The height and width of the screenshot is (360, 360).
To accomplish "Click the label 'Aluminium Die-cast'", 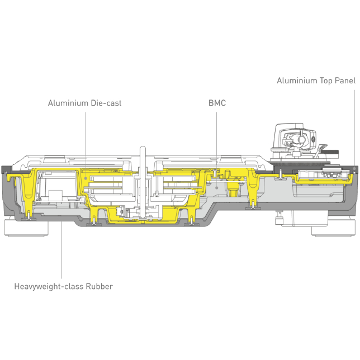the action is tap(84, 103).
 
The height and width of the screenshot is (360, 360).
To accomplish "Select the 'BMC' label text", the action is tap(217, 103).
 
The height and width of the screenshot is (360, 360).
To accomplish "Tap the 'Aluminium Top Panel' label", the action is tap(316, 81).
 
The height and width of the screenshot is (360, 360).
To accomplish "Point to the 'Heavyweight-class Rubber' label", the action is tap(63, 287).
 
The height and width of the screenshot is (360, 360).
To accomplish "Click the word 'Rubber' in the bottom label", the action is tap(99, 286).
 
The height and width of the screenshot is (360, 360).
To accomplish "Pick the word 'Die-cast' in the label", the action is tap(106, 103).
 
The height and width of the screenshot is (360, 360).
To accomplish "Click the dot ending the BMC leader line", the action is tap(216, 188).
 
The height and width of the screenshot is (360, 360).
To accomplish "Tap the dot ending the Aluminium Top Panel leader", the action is tap(354, 168).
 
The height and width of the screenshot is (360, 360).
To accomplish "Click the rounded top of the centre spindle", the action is tap(143, 148).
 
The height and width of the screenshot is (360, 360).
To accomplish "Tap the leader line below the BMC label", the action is tap(216, 149).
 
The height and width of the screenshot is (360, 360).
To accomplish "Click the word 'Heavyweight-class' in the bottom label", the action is tap(49, 287).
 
